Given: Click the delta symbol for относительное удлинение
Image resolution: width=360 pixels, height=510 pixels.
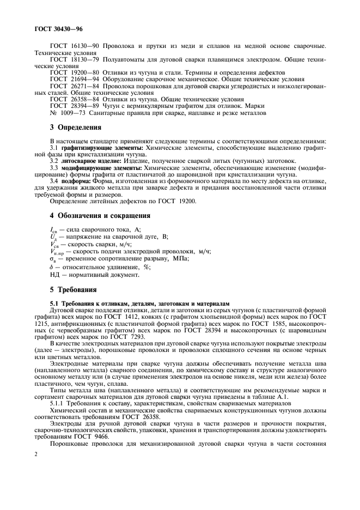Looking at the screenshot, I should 51,267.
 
